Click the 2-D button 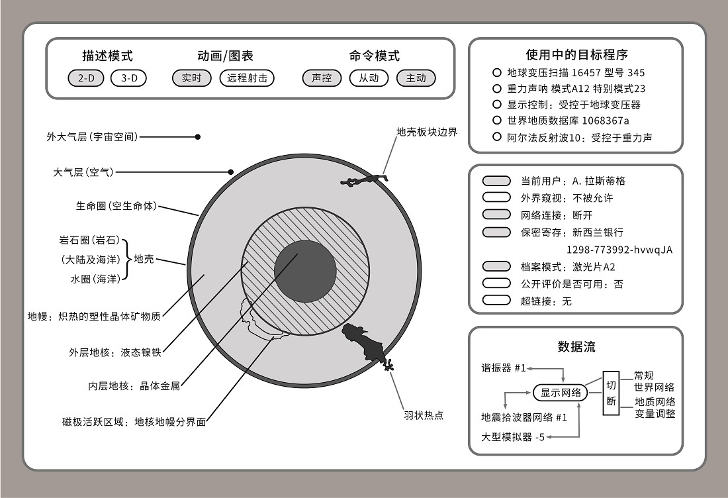(86, 78)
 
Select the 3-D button (128, 78)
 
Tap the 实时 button (192, 78)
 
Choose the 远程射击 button (247, 78)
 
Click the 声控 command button (322, 78)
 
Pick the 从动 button (369, 78)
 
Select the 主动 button (416, 78)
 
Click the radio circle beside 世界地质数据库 (497, 121)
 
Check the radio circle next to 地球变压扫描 (497, 72)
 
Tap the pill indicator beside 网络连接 (497, 215)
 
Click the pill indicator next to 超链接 (497, 301)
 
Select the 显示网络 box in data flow (561, 393)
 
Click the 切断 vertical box (611, 393)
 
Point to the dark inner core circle (305, 271)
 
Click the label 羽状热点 (424, 415)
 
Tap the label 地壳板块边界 (427, 132)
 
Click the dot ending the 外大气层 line (198, 137)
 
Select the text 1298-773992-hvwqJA (619, 250)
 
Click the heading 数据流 (576, 346)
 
